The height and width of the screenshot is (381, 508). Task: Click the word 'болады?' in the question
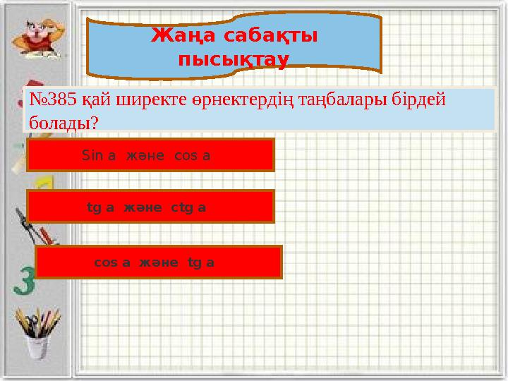(x=62, y=121)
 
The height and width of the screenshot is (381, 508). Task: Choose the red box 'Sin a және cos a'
(x=150, y=155)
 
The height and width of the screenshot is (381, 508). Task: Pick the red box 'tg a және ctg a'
(x=150, y=207)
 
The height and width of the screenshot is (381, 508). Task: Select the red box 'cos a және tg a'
(x=159, y=262)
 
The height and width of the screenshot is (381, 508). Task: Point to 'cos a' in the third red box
(x=112, y=262)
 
